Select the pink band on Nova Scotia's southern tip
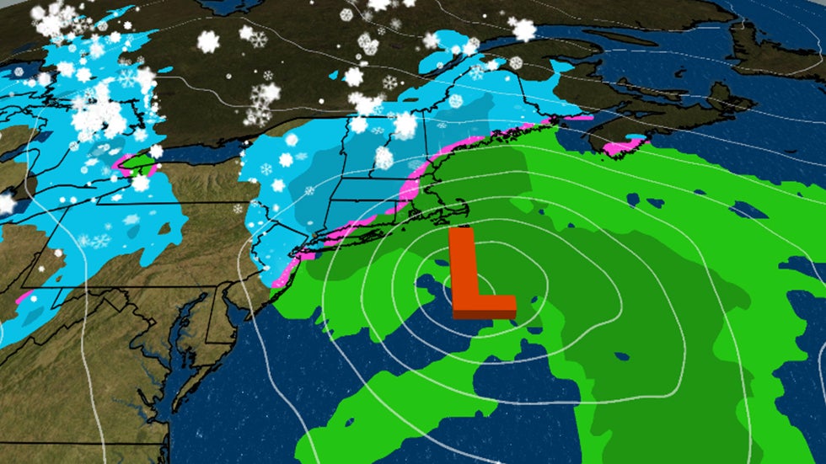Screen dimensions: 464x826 pyautogui.click(x=619, y=147)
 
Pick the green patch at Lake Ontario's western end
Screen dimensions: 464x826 pyautogui.click(x=135, y=160)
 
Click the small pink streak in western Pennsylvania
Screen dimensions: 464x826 pyautogui.click(x=24, y=297)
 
